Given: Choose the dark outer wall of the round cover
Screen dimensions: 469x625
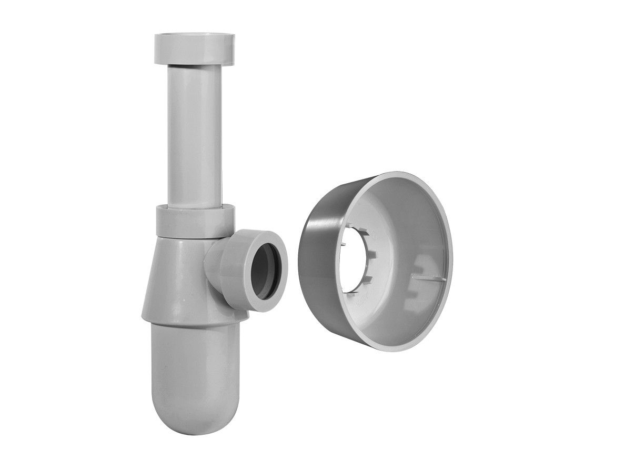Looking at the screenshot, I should click(316, 263).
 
